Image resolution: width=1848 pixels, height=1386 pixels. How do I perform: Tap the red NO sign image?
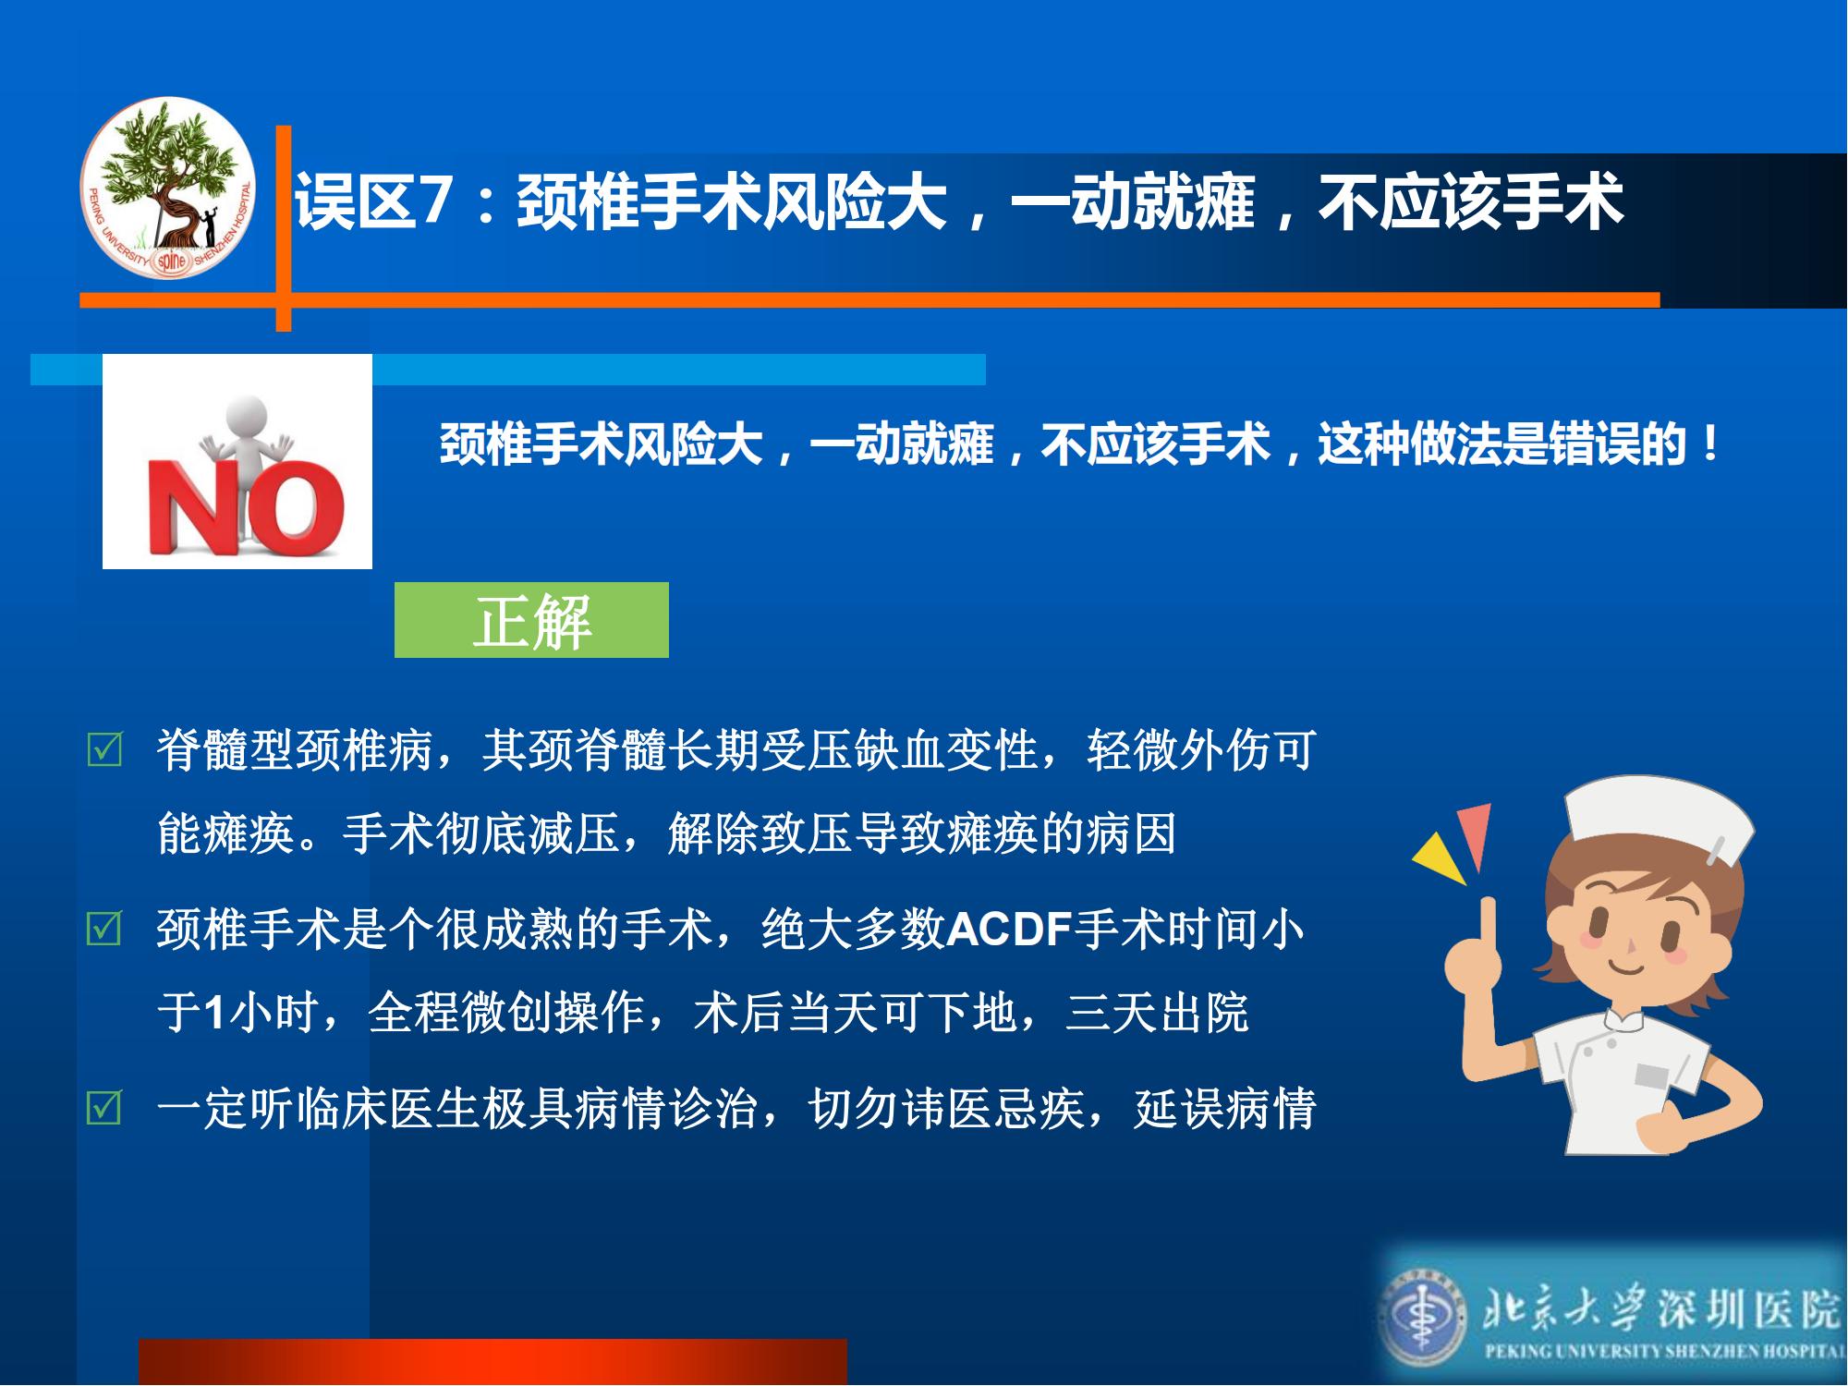coord(237,461)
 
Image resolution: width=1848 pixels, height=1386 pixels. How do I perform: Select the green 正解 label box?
coord(531,620)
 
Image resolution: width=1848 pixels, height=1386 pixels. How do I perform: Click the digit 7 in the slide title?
coord(433,202)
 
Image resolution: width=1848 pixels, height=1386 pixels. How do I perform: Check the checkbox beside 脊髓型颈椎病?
coord(103,750)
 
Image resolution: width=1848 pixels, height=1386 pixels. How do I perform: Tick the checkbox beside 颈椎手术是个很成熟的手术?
coord(103,929)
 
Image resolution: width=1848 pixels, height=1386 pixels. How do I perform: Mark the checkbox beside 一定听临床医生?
coord(103,1108)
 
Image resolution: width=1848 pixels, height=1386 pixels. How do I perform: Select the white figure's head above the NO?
coord(245,414)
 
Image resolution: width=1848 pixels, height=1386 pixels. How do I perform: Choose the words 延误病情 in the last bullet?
coord(1225,1109)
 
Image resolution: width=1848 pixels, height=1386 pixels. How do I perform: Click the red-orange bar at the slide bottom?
coord(492,1361)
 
